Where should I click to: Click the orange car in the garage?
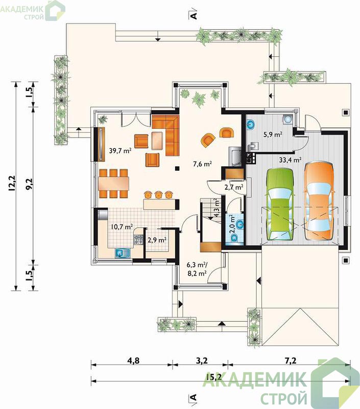tap(319, 201)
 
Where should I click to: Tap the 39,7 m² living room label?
tap(120, 150)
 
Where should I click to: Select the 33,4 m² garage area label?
tap(290, 160)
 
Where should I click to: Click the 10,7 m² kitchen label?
tap(122, 226)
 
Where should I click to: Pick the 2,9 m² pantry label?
tap(157, 240)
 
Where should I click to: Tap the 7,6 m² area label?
tap(202, 164)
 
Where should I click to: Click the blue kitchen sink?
tap(123, 253)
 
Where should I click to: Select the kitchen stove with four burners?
tap(138, 240)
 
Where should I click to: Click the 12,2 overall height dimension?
tap(12, 184)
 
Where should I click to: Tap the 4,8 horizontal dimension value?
tap(133, 360)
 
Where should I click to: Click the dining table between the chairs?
tap(114, 184)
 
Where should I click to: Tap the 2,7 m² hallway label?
tap(234, 187)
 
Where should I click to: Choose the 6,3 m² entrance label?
tap(197, 265)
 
